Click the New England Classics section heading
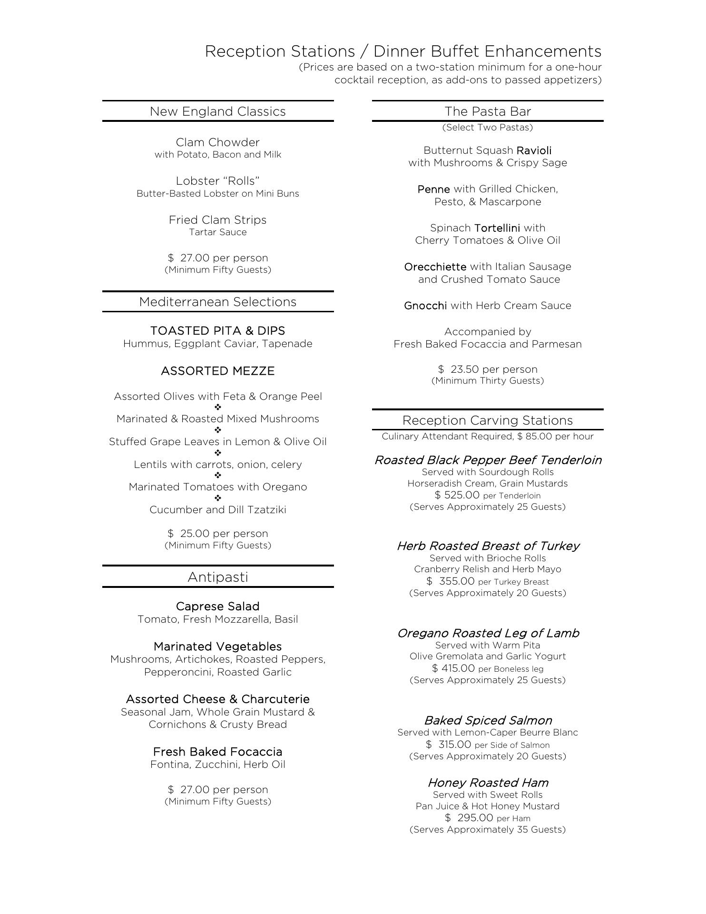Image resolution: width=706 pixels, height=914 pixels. tap(217, 111)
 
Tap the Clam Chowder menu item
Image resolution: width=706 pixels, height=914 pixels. tap(217, 142)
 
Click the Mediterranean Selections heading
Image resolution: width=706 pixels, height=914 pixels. tap(217, 302)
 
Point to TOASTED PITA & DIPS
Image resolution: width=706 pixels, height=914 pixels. tap(217, 331)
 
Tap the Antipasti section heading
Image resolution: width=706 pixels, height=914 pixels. tap(217, 577)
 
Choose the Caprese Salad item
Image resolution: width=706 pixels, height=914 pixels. tap(217, 606)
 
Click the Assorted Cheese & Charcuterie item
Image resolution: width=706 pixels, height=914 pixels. tap(217, 699)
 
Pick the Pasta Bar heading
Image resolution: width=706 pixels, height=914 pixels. tap(488, 111)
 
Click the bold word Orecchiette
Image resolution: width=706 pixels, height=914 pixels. tap(435, 267)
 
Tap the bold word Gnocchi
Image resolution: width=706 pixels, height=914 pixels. tap(425, 306)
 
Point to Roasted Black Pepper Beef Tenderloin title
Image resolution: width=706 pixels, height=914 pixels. tap(488, 460)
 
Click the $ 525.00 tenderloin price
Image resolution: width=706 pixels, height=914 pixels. tap(457, 495)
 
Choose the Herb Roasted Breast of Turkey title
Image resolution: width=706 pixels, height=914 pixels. tap(488, 546)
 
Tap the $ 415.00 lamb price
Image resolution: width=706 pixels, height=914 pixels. tap(453, 668)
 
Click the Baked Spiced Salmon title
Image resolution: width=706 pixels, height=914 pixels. tap(488, 721)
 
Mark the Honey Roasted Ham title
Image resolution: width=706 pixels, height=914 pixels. tap(488, 783)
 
